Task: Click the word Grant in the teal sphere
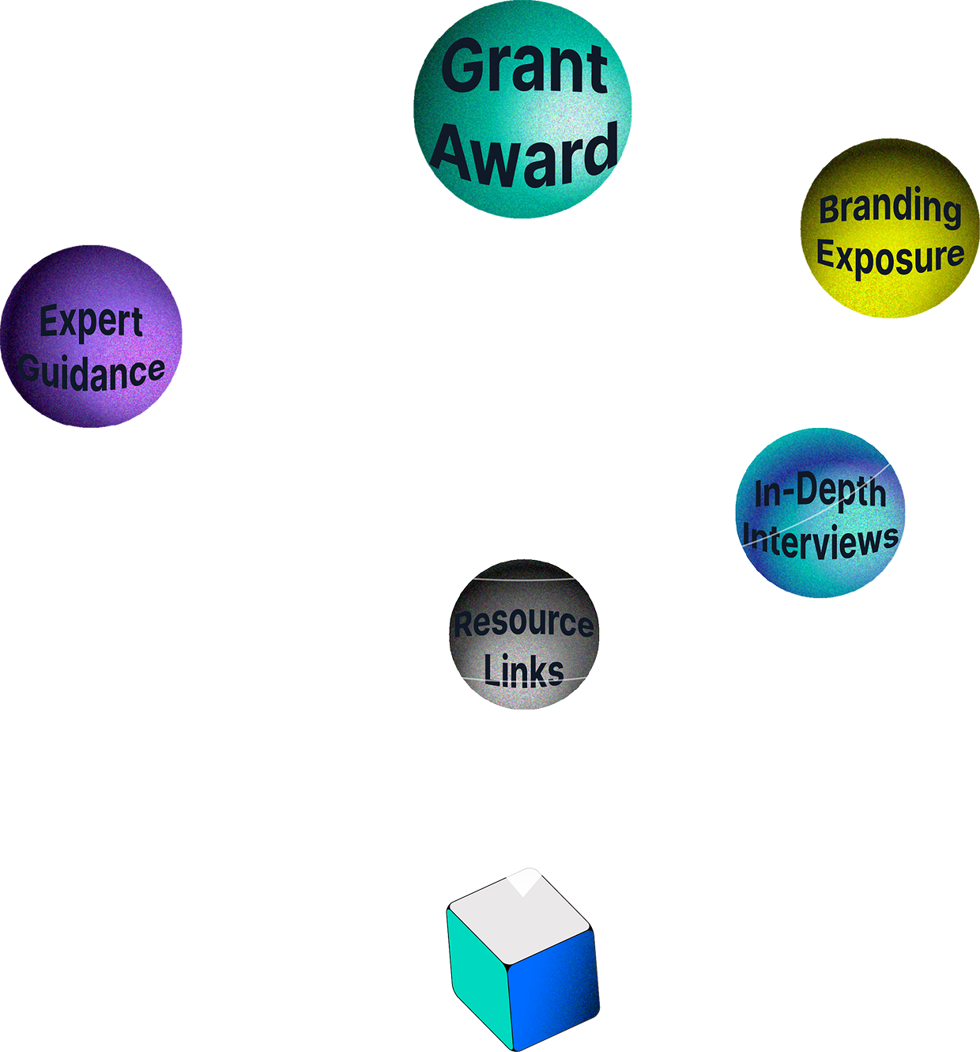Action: (524, 67)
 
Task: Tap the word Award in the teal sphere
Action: (524, 154)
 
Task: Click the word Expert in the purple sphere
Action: (91, 322)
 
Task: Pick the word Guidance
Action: (92, 372)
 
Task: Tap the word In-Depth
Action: (820, 492)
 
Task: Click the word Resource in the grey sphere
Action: (523, 623)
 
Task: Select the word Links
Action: (523, 671)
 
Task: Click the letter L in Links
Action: (491, 671)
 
